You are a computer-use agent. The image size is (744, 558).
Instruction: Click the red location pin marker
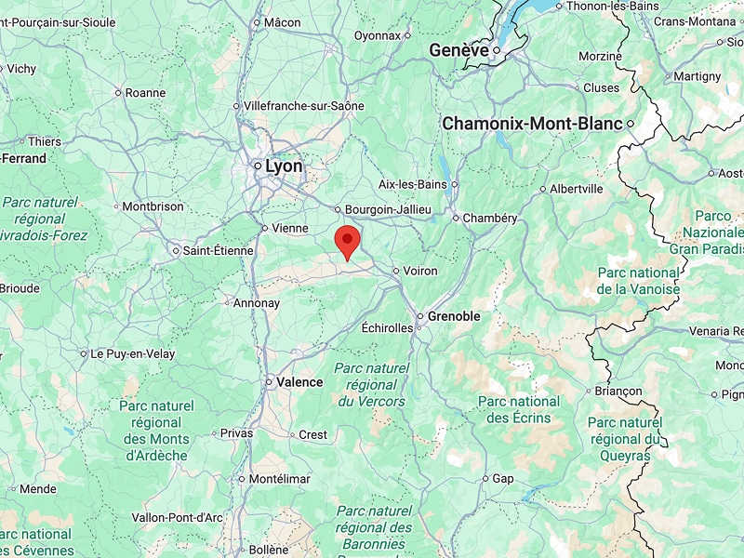[348, 240]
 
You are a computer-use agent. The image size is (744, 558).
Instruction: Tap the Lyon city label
[284, 166]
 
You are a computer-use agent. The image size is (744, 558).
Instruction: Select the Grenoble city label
[454, 316]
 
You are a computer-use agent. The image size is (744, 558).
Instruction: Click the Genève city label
[458, 50]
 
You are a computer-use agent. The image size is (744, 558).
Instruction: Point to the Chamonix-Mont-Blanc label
[532, 123]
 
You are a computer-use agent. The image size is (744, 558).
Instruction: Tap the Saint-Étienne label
[218, 250]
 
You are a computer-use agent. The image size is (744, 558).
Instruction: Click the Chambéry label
[491, 218]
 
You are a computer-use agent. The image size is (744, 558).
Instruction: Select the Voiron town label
[419, 271]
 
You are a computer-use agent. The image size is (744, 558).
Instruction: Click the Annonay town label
[256, 303]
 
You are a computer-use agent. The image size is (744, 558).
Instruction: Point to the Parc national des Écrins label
[519, 409]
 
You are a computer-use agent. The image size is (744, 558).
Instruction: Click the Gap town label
[502, 478]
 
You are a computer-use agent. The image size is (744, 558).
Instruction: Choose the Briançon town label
[618, 392]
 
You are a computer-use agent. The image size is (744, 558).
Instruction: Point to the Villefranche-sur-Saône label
[304, 106]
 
